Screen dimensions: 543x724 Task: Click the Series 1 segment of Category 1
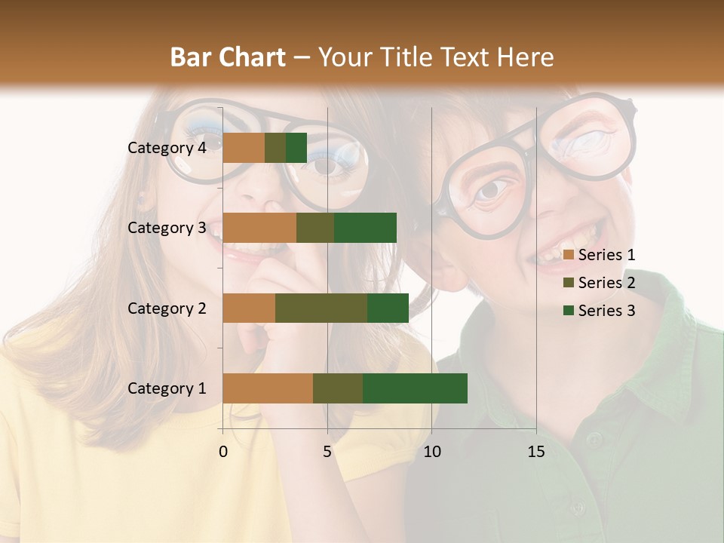pos(268,388)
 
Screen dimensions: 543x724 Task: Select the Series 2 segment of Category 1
pos(338,388)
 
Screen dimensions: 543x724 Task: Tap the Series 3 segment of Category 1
pos(415,388)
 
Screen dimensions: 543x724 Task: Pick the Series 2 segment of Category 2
pos(321,308)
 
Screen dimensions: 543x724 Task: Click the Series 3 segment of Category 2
pos(388,308)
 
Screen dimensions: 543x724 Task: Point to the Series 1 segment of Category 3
pos(259,228)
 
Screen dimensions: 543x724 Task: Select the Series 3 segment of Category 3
pos(365,228)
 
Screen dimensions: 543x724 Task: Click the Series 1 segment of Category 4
pos(244,148)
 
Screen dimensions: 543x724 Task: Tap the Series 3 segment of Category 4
pos(296,148)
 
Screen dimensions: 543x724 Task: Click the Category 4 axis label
pos(167,148)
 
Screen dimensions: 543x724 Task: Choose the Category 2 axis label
pos(167,308)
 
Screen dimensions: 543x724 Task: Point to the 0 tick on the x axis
pos(223,452)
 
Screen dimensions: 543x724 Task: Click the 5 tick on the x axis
pos(327,452)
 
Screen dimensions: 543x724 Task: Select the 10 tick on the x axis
pos(431,452)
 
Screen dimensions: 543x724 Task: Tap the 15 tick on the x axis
pos(536,452)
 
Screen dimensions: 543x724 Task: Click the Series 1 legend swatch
pos(568,255)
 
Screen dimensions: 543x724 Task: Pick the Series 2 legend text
pos(606,283)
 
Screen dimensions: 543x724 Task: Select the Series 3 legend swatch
pos(568,311)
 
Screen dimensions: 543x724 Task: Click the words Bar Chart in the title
pos(228,57)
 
